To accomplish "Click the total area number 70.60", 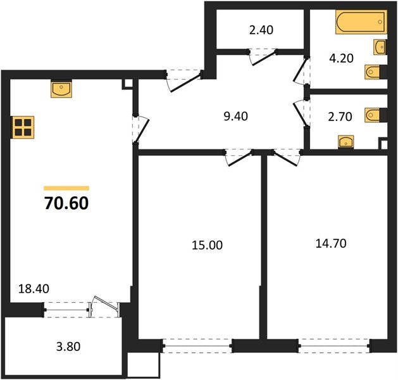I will (x=66, y=204).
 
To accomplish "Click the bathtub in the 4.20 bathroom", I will (x=359, y=23).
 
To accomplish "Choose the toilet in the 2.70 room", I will (x=374, y=115).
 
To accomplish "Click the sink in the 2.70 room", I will (x=345, y=141).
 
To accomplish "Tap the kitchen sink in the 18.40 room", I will (x=61, y=89).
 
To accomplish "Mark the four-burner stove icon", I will (x=23, y=127).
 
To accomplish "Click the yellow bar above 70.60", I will (x=66, y=188).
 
